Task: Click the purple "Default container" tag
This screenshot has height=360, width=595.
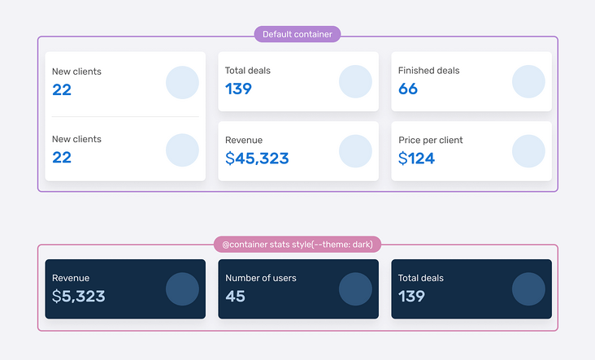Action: (x=297, y=34)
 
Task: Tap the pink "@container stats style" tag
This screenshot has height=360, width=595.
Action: (x=297, y=244)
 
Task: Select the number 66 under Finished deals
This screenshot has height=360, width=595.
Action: (x=408, y=89)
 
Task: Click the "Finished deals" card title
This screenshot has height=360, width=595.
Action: (x=428, y=71)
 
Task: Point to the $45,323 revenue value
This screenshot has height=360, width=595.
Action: (x=257, y=158)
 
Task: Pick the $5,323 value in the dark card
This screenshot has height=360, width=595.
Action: (x=78, y=297)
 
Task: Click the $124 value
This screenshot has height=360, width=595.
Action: (x=416, y=158)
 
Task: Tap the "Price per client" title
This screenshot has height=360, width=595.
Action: (x=430, y=140)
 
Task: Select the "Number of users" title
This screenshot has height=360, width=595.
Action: (x=261, y=278)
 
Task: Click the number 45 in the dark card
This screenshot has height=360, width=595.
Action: (x=235, y=297)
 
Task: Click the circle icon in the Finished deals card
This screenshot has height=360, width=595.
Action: (x=528, y=82)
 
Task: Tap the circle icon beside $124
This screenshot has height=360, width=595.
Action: (x=528, y=151)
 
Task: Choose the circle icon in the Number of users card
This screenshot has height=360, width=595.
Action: (x=355, y=289)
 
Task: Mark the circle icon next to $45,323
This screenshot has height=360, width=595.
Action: (x=355, y=151)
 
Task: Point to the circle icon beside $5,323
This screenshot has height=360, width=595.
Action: (x=182, y=289)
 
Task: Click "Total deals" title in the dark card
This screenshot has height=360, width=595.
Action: (x=420, y=278)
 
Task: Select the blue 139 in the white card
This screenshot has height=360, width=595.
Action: (x=238, y=89)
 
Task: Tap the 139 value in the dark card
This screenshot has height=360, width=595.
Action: (x=411, y=297)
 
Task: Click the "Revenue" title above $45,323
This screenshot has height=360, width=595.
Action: (x=244, y=140)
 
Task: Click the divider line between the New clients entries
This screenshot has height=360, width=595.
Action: (x=125, y=117)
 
